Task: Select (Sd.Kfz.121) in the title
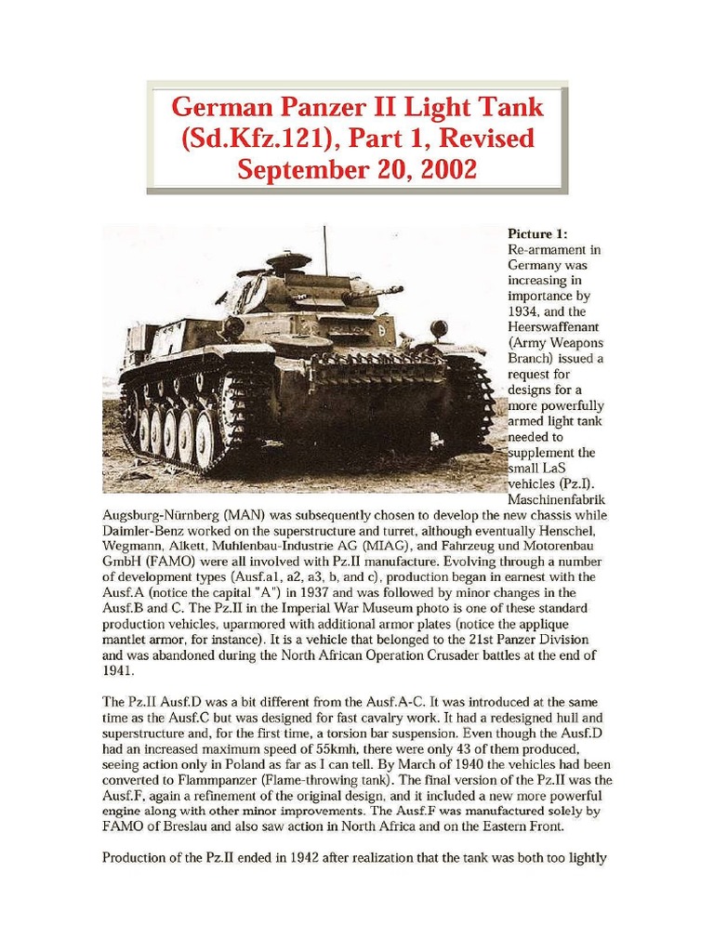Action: pyautogui.click(x=242, y=139)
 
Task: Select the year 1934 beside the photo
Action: pyautogui.click(x=524, y=311)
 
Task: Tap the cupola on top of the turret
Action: pyautogui.click(x=288, y=260)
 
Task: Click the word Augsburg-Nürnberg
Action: pyautogui.click(x=167, y=514)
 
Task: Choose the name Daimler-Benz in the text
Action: pyautogui.click(x=140, y=530)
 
